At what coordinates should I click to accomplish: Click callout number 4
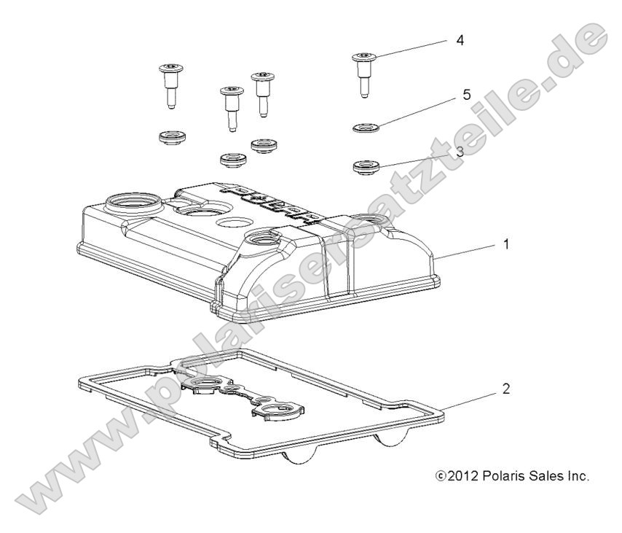point(460,39)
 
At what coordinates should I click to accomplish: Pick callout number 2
point(505,389)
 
